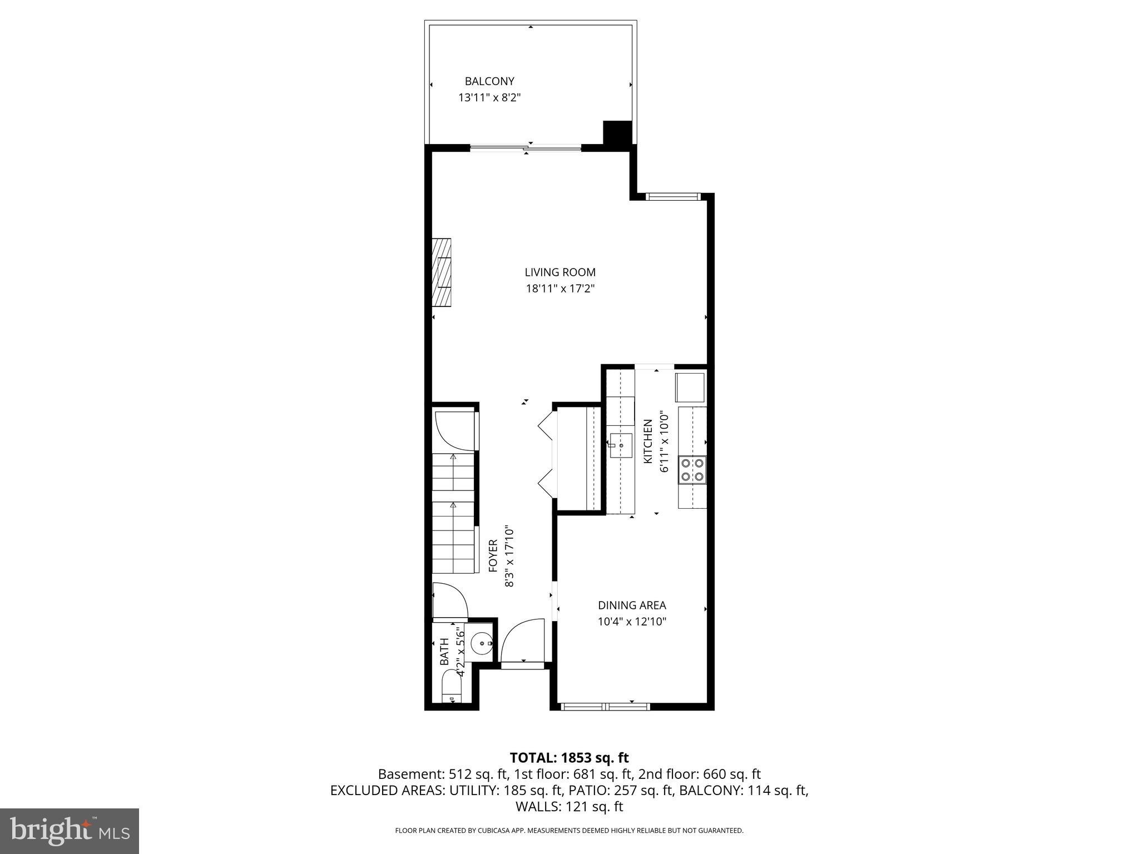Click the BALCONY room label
[x=489, y=82]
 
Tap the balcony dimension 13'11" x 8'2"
[x=489, y=98]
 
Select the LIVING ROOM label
[x=560, y=272]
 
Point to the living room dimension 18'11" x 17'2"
[x=560, y=289]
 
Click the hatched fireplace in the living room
[x=442, y=272]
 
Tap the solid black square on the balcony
[x=617, y=134]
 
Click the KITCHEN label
[x=648, y=441]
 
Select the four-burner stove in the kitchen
[x=692, y=469]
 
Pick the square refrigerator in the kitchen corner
[x=690, y=388]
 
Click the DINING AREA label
[x=632, y=605]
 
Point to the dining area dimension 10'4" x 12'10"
[x=632, y=622]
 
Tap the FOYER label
[x=493, y=556]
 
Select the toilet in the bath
[x=450, y=688]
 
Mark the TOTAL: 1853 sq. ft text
[x=569, y=758]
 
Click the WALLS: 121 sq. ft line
[x=569, y=807]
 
